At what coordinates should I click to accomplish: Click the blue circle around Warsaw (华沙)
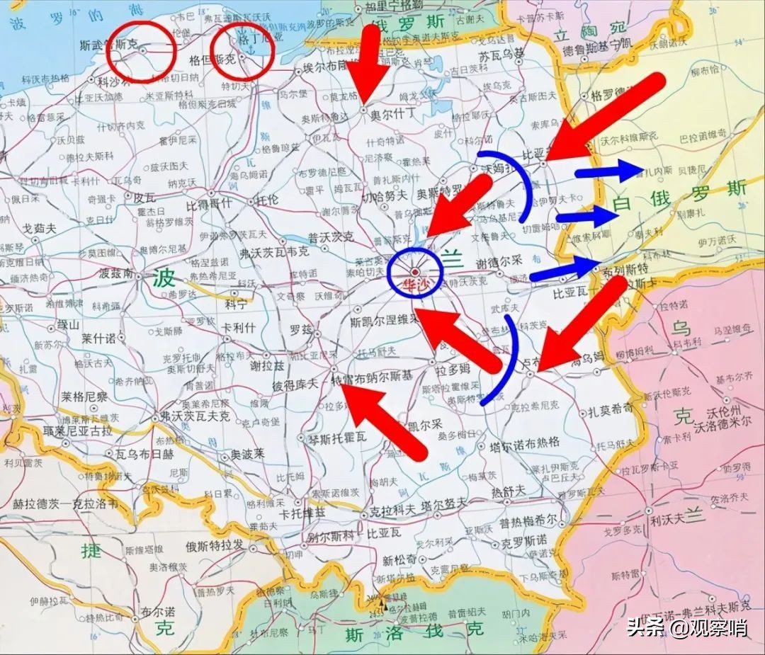[x=415, y=272]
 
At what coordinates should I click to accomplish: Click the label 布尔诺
[x=158, y=610]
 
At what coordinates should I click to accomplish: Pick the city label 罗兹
[x=301, y=329]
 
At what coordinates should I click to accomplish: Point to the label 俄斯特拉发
[x=213, y=545]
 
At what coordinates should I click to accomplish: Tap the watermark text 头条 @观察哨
[x=686, y=627]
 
